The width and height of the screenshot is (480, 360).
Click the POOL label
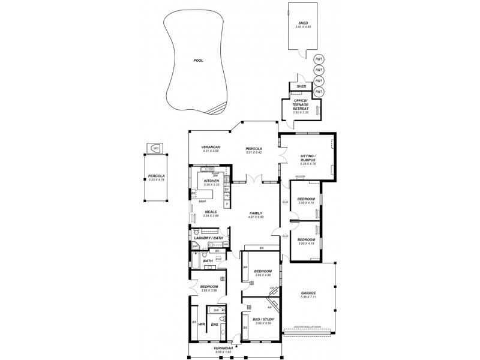click(x=198, y=61)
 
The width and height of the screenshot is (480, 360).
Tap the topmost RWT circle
click(x=319, y=59)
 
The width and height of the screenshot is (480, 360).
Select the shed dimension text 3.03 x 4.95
click(x=302, y=27)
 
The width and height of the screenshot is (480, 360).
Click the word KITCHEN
click(x=211, y=181)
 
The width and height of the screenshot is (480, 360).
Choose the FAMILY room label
click(x=257, y=213)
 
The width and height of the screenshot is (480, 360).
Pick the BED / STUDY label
click(x=264, y=319)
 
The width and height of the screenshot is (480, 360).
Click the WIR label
click(x=202, y=325)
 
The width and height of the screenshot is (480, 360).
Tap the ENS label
click(x=214, y=325)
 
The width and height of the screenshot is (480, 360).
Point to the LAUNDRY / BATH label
click(x=209, y=238)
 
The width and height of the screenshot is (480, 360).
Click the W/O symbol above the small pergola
click(x=156, y=148)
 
